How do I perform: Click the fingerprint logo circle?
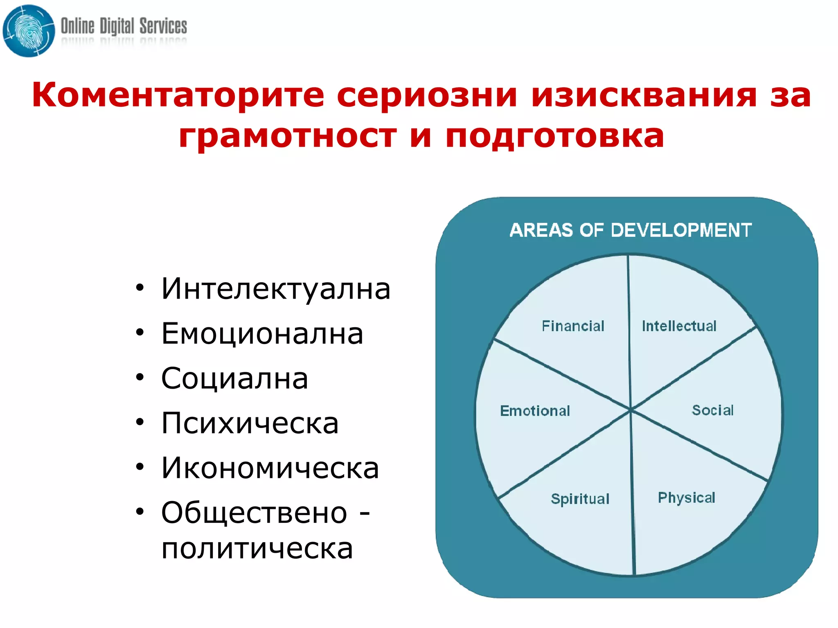[x=29, y=31]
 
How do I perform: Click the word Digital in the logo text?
[x=117, y=27]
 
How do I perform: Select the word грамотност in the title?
[x=288, y=136]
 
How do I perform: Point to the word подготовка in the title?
[x=554, y=136]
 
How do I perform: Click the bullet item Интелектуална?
[x=276, y=289]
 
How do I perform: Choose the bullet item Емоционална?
[x=262, y=333]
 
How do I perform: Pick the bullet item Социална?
[x=234, y=378]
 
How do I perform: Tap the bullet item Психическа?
[x=250, y=423]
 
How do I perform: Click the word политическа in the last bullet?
[x=257, y=548]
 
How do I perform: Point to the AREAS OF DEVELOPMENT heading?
[x=631, y=230]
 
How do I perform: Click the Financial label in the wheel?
[x=573, y=326]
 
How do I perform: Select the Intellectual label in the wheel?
[x=679, y=326]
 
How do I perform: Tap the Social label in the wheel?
[x=712, y=410]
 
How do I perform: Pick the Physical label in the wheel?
[x=686, y=497]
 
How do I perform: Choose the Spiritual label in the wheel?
[x=580, y=499]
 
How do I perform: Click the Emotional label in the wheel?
[x=535, y=411]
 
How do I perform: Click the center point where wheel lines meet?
[x=631, y=410]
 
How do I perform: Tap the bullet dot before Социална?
[x=140, y=377]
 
